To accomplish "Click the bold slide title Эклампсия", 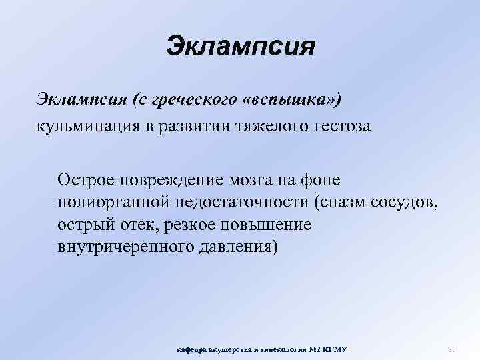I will click(240, 47).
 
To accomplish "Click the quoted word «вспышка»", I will click(291, 100).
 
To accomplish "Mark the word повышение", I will click(267, 223).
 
